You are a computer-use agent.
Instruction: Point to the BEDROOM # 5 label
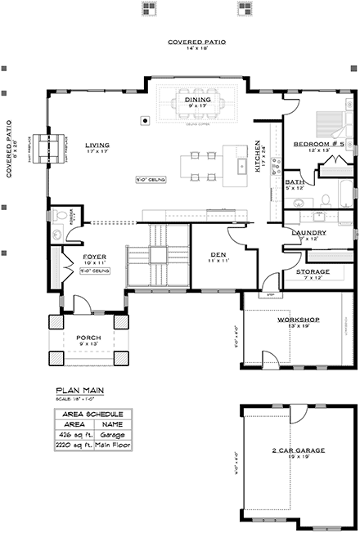[x=313, y=144]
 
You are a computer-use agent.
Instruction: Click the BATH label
[x=295, y=183]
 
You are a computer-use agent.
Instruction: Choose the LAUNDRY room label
[x=309, y=233]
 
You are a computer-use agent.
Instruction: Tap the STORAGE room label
[x=313, y=271]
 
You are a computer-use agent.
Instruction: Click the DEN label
[x=218, y=254]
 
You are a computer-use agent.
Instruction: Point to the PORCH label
[x=88, y=337]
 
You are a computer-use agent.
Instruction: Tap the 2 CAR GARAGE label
[x=294, y=451]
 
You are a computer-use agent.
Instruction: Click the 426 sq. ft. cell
[x=73, y=435]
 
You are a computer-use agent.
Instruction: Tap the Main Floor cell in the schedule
[x=114, y=446]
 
